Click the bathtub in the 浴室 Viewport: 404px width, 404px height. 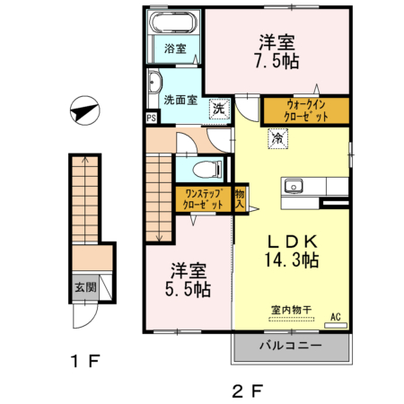pyautogui.click(x=175, y=24)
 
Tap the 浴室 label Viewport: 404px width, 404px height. pyautogui.click(x=175, y=49)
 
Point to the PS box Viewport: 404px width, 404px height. pyautogui.click(x=151, y=117)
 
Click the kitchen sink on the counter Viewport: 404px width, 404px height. pyautogui.click(x=294, y=187)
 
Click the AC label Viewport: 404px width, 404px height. pyautogui.click(x=335, y=316)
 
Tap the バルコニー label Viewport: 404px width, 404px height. pyautogui.click(x=291, y=347)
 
